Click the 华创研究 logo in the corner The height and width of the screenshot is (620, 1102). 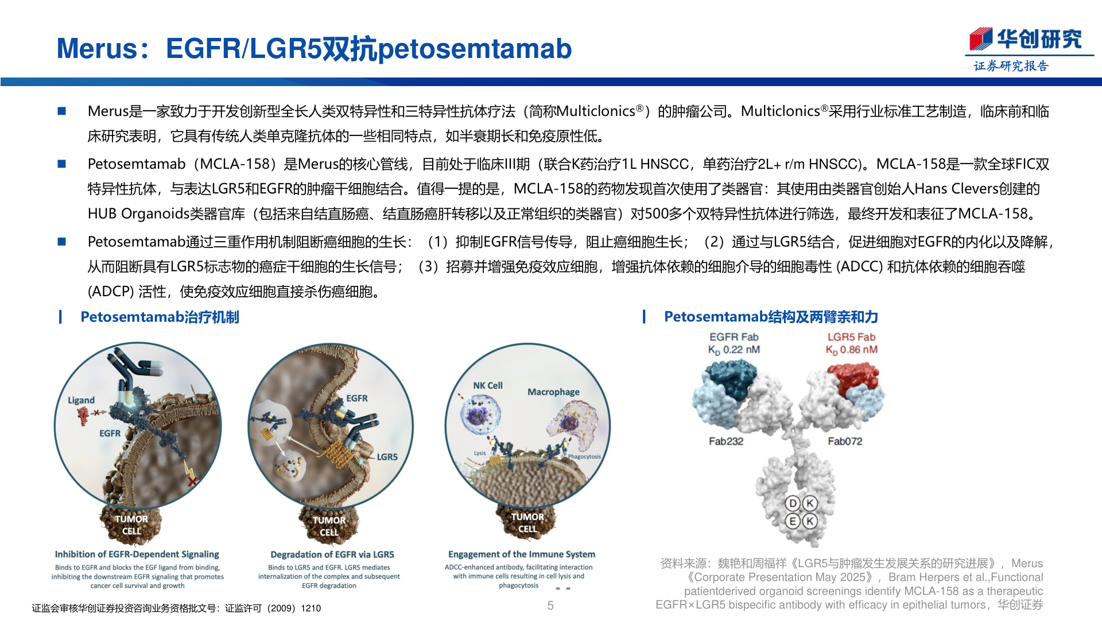(1026, 40)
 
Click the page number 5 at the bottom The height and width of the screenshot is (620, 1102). (550, 606)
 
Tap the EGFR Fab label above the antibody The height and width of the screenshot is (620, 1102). (734, 337)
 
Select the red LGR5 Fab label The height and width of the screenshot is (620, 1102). (851, 337)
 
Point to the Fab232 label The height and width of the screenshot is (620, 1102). (725, 441)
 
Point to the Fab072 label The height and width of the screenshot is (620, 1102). (844, 441)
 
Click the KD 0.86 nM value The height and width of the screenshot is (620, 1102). (851, 350)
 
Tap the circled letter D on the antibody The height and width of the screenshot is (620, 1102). (793, 503)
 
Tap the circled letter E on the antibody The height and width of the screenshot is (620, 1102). (793, 521)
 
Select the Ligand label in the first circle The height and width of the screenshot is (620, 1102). (81, 400)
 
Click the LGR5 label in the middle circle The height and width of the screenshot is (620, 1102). (387, 457)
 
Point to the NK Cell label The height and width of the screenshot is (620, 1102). (487, 386)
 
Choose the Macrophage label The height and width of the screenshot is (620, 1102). (553, 392)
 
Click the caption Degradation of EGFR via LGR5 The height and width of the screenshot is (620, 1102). (332, 555)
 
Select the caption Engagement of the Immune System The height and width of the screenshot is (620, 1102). (521, 554)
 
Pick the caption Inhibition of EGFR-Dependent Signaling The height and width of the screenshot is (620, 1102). (137, 554)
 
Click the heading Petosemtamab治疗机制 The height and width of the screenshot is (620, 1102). (160, 317)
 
